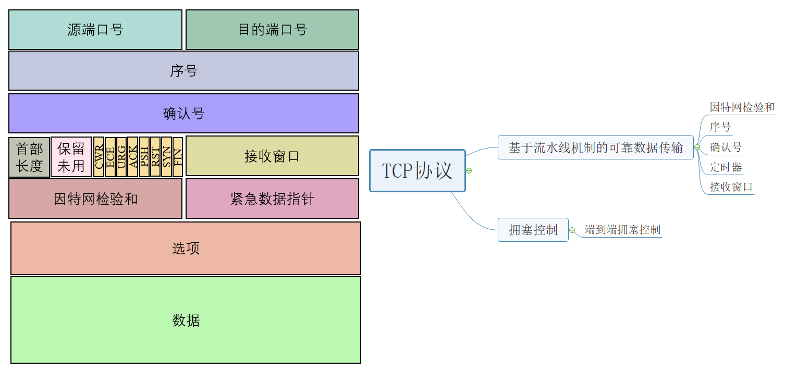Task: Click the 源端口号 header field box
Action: (95, 30)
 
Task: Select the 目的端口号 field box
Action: (272, 30)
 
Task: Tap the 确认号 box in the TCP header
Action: (183, 113)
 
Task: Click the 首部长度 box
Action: (29, 157)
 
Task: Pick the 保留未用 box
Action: (71, 157)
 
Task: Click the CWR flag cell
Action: (99, 157)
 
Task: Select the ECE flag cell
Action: (110, 157)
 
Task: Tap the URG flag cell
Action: (121, 157)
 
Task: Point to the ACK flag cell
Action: (132, 157)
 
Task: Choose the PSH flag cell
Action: (144, 157)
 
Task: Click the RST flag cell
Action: (155, 157)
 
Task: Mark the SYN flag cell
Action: (166, 157)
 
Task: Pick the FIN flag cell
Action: (178, 157)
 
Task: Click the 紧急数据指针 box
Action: (272, 199)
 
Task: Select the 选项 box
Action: (186, 248)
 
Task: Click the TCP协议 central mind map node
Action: (417, 171)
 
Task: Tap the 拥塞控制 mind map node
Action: (533, 230)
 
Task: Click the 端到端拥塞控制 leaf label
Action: (622, 230)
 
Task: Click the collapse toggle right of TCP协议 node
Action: (469, 171)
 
